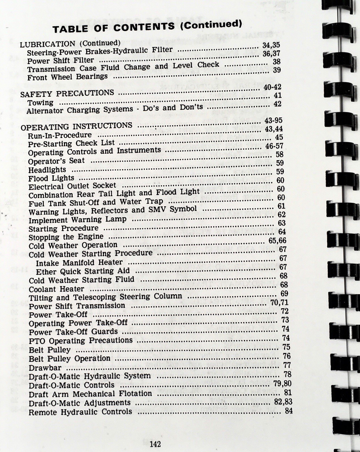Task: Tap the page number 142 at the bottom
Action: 155,444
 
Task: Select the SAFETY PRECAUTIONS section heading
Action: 67,94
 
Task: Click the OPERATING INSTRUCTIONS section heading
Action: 77,126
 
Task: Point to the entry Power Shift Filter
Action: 60,60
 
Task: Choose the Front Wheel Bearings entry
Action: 67,77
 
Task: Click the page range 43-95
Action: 274,120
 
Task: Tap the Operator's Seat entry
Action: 56,161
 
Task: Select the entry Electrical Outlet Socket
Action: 72,186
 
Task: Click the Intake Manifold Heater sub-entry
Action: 79,263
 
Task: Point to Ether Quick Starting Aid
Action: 83,271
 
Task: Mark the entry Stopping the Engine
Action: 66,237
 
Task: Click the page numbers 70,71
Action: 279,303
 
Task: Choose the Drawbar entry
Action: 45,368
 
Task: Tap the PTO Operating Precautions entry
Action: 81,341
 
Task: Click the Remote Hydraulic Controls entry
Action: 80,412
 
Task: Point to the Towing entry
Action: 40,103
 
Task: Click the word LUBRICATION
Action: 47,44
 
